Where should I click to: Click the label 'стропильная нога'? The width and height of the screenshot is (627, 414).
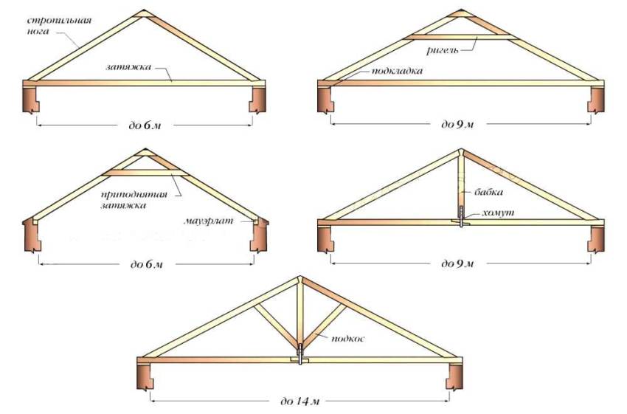tap(59, 25)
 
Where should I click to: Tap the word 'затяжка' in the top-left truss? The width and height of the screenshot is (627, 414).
tap(128, 67)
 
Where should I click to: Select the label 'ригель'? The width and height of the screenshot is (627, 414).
tap(443, 50)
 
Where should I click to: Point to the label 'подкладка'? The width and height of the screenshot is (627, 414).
tap(397, 71)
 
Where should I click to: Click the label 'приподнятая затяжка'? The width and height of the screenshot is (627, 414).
tap(134, 200)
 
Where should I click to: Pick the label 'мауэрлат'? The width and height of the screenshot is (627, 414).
tap(208, 221)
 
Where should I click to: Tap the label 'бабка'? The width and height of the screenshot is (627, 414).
tap(488, 192)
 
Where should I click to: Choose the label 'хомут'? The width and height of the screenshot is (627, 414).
tap(498, 213)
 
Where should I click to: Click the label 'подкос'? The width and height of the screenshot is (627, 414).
tap(348, 339)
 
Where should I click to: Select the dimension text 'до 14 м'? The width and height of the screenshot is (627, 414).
tap(300, 401)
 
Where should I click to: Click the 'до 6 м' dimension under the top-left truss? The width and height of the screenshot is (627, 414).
tap(145, 125)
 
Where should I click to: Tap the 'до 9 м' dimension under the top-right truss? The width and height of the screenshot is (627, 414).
tap(457, 125)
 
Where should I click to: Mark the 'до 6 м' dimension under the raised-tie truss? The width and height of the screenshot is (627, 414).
tap(147, 264)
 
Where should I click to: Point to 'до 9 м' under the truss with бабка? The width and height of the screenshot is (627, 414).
tap(457, 263)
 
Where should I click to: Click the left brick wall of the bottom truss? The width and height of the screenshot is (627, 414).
tap(145, 376)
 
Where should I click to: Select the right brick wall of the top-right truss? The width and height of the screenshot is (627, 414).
tap(596, 100)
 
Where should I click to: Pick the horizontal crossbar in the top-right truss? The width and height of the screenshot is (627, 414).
tap(460, 37)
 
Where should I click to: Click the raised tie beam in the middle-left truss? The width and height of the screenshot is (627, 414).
tap(145, 173)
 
